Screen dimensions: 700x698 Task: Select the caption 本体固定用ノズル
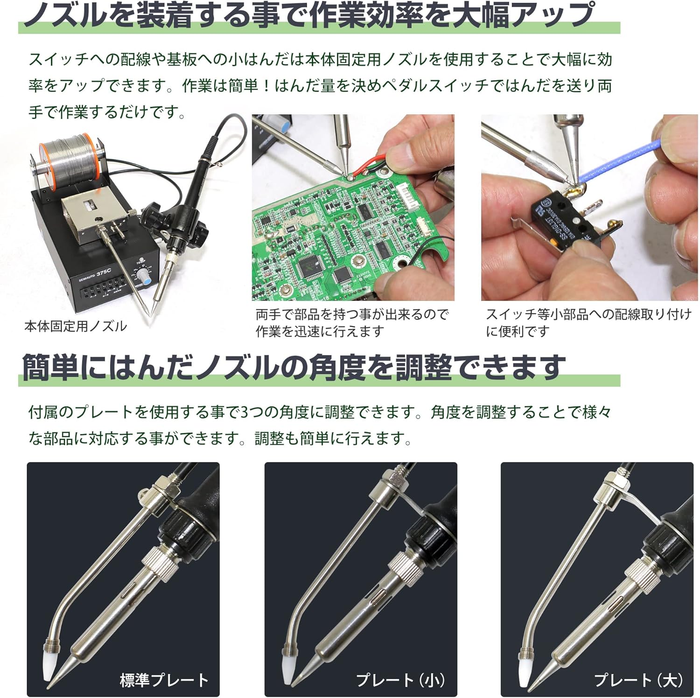pyautogui.click(x=76, y=326)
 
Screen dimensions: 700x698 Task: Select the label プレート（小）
pyautogui.click(x=400, y=680)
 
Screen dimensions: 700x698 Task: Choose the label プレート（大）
pyautogui.click(x=638, y=680)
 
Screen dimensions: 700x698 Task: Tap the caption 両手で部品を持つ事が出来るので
pyautogui.click(x=352, y=314)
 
